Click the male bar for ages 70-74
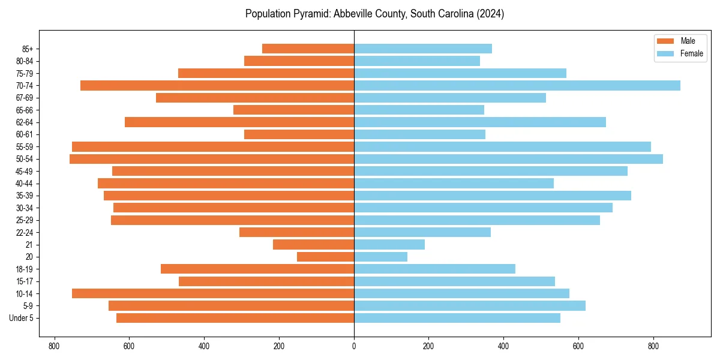pyautogui.click(x=217, y=86)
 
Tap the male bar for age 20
pyautogui.click(x=325, y=257)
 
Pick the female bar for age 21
pyautogui.click(x=389, y=245)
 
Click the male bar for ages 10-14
pyautogui.click(x=213, y=293)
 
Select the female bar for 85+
pyautogui.click(x=423, y=49)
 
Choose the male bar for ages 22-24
pyautogui.click(x=296, y=232)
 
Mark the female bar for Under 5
pyautogui.click(x=457, y=318)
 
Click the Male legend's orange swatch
pyautogui.click(x=665, y=41)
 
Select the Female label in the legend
pyautogui.click(x=691, y=53)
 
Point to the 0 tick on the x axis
pyautogui.click(x=354, y=346)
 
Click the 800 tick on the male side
pyautogui.click(x=55, y=346)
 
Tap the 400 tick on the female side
pyautogui.click(x=503, y=346)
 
